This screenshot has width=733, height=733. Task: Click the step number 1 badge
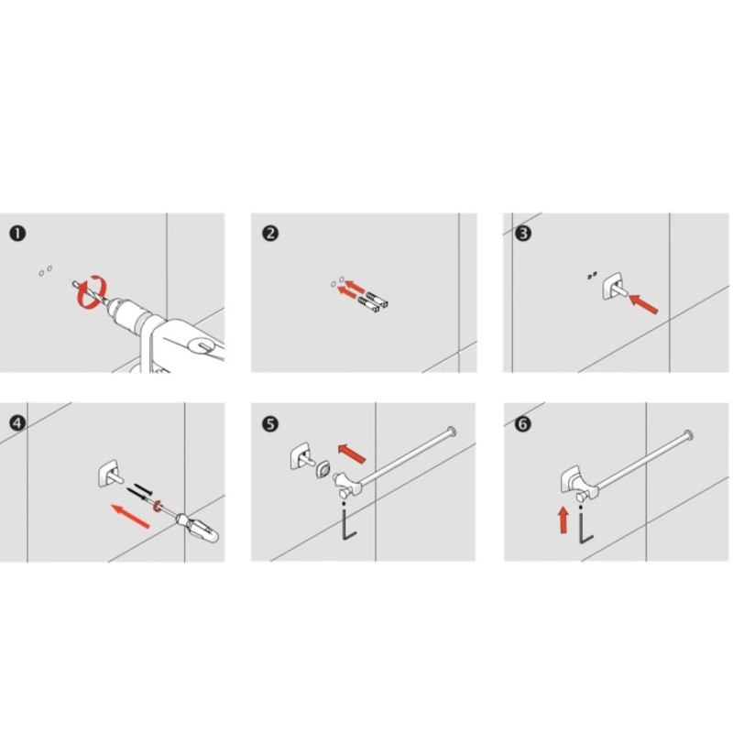[17, 234]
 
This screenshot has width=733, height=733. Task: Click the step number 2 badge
[270, 234]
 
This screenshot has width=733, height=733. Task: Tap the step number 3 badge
[523, 234]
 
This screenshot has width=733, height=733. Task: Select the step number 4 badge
[17, 423]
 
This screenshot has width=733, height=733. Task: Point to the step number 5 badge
[270, 424]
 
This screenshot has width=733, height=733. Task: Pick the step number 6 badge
[522, 424]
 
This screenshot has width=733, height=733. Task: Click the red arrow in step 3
[644, 304]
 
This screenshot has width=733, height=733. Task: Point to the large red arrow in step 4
[130, 516]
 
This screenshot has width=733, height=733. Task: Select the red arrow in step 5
[352, 453]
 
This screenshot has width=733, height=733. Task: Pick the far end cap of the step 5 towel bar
[451, 431]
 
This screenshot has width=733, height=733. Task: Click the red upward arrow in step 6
[563, 520]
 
